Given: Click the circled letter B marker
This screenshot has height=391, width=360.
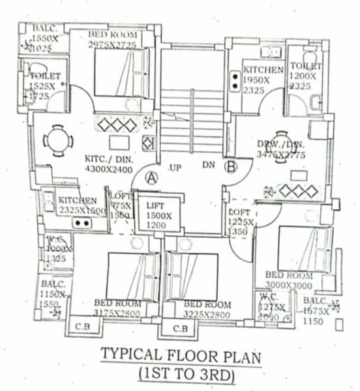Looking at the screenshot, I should pyautogui.click(x=230, y=166).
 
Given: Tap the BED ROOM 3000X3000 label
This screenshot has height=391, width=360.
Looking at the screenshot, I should pyautogui.click(x=289, y=280).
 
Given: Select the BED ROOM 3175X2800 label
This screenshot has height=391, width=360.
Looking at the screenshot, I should pyautogui.click(x=117, y=308).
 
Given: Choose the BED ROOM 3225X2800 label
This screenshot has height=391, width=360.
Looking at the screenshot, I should pyautogui.click(x=208, y=309).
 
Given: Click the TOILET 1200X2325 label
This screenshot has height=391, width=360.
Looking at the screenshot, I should pyautogui.click(x=305, y=75).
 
